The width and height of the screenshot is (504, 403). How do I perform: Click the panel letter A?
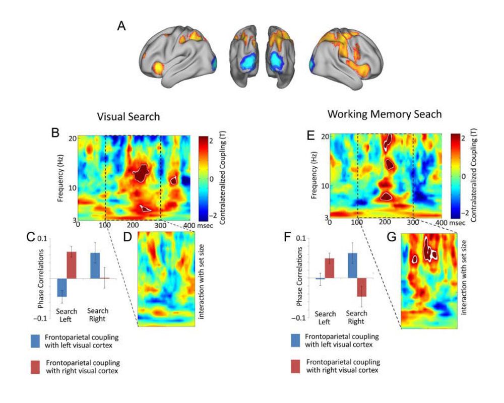[121, 26]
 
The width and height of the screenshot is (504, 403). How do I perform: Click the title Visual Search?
[129, 116]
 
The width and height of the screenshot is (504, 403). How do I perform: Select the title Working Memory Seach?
[385, 114]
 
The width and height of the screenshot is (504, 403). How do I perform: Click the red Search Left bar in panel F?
[329, 268]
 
